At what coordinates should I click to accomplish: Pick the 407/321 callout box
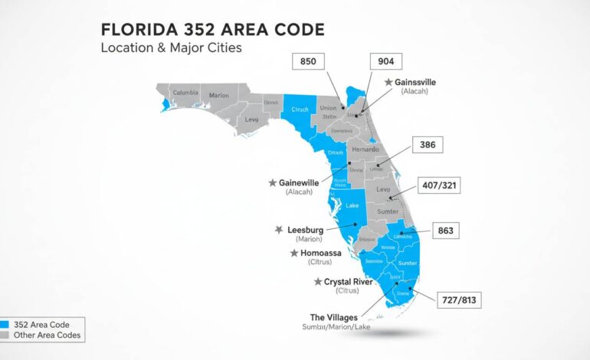point(440,185)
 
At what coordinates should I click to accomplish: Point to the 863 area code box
point(445,230)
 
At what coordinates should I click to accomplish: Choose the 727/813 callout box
point(459,300)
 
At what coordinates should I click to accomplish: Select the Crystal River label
point(348,282)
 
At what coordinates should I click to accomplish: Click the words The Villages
point(334,317)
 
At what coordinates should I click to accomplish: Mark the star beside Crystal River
point(318,282)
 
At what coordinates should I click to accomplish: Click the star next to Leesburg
point(279,229)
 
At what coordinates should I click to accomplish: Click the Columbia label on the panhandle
point(185,93)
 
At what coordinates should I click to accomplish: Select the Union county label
point(329,108)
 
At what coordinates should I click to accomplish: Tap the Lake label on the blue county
point(352,205)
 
